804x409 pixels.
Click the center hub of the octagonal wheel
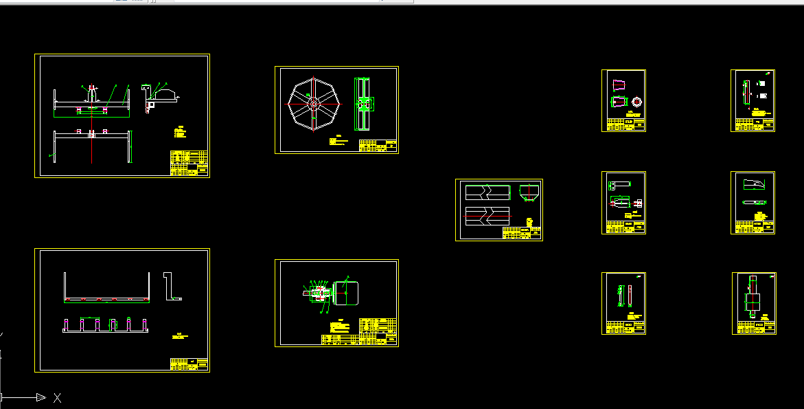click(314, 104)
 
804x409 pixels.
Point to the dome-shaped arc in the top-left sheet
click(168, 93)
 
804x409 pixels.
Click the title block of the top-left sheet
click(189, 164)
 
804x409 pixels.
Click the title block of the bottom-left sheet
click(189, 364)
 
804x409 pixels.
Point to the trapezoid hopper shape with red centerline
click(528, 192)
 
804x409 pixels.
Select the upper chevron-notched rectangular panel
click(487, 192)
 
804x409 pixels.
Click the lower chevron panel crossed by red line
click(487, 215)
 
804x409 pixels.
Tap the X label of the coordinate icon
click(58, 397)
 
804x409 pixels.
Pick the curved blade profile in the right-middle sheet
click(753, 184)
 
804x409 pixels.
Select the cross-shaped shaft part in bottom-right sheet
click(753, 300)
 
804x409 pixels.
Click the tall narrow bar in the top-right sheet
click(747, 91)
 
